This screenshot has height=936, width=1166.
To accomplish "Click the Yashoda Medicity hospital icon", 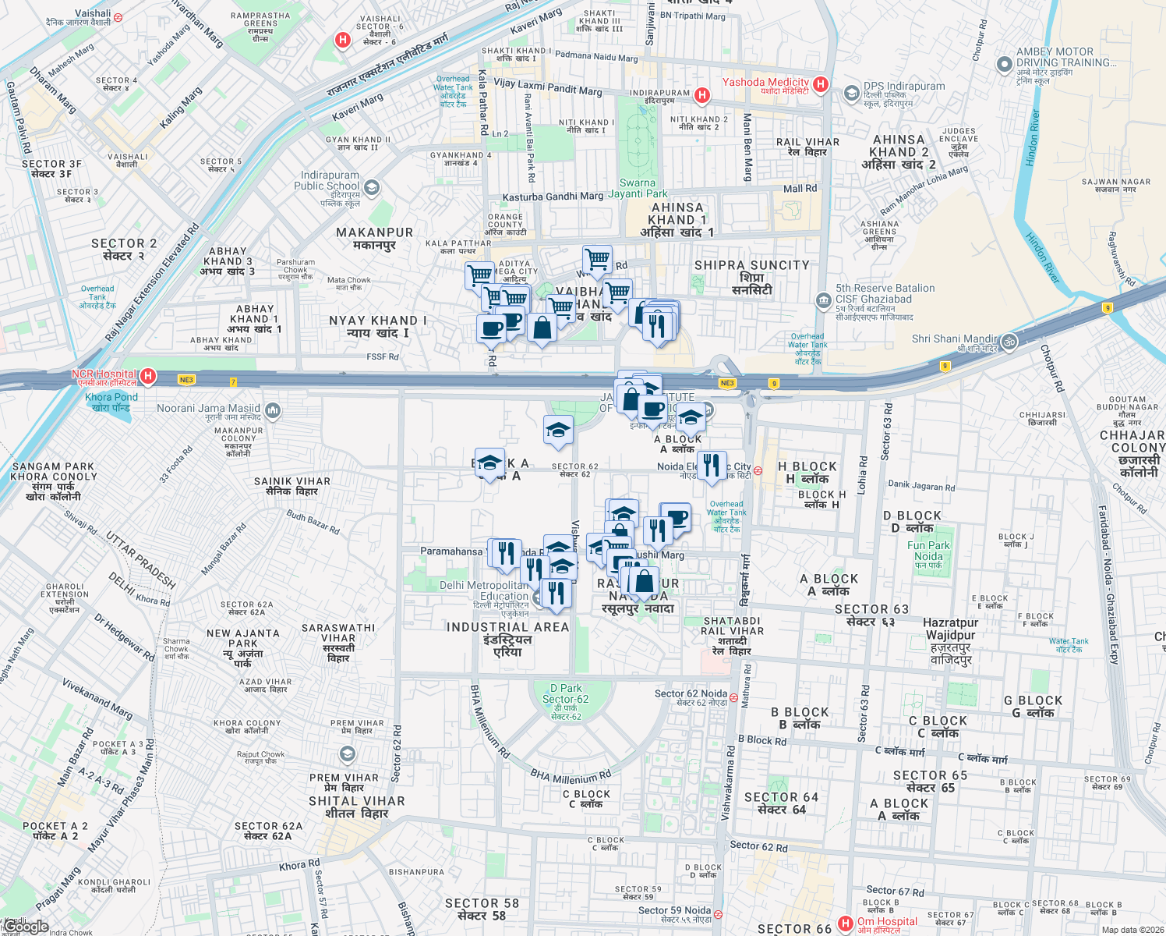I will (820, 83).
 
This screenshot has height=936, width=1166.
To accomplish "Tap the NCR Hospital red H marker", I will (147, 377).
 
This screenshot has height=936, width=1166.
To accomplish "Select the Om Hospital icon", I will (845, 924).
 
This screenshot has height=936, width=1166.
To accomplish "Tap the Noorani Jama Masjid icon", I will (273, 410).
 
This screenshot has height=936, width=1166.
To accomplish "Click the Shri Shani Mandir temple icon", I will (1009, 342).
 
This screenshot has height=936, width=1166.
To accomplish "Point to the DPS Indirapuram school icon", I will (851, 94).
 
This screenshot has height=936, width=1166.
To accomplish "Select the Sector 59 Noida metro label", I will (674, 910).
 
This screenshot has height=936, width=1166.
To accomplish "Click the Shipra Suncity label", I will (751, 265).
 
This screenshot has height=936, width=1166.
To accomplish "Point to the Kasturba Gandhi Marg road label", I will (553, 197).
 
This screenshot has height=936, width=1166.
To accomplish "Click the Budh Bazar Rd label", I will (313, 522).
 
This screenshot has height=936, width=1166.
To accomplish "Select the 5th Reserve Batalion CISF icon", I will (824, 301).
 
